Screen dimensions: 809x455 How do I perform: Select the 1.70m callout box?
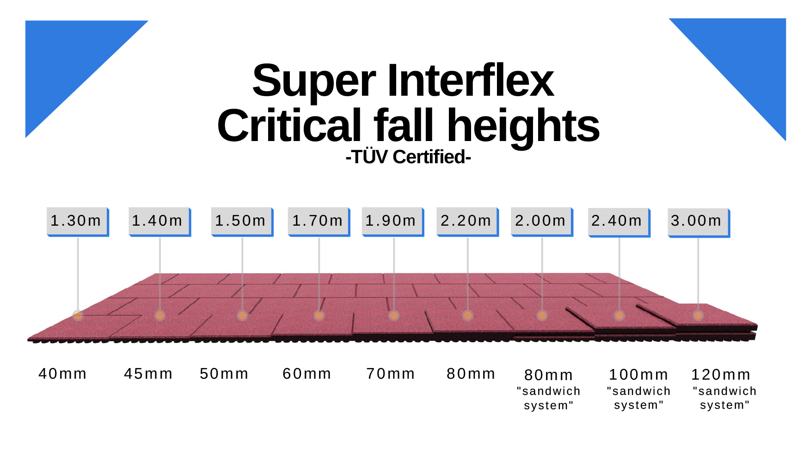click(x=319, y=221)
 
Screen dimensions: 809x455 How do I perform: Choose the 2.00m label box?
click(x=542, y=221)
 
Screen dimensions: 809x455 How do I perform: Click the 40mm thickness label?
click(x=62, y=374)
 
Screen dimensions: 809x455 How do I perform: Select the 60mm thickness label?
click(x=307, y=374)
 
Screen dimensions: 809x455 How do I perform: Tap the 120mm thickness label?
click(x=721, y=375)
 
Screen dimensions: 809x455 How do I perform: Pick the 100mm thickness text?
click(x=638, y=375)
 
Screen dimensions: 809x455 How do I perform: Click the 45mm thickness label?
click(x=148, y=374)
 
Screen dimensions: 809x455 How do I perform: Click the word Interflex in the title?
click(x=470, y=81)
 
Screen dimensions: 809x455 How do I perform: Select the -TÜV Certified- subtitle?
click(x=408, y=157)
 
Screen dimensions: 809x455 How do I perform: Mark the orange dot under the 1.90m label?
click(x=394, y=316)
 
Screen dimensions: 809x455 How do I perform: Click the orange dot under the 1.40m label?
click(x=160, y=316)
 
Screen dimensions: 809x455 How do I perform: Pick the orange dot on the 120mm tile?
click(x=698, y=316)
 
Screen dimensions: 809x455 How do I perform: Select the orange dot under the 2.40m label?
click(x=619, y=316)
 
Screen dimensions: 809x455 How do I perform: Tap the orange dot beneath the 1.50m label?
click(x=242, y=316)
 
